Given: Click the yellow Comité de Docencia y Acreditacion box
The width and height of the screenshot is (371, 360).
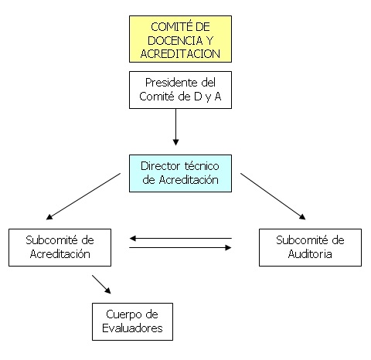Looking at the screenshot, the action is pyautogui.click(x=180, y=39).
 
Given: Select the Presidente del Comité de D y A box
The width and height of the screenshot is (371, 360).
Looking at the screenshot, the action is pyautogui.click(x=180, y=90).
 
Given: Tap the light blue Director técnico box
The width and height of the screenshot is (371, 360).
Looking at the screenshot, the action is pyautogui.click(x=180, y=173).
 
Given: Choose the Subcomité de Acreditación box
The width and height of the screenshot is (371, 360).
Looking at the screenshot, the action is pyautogui.click(x=60, y=247).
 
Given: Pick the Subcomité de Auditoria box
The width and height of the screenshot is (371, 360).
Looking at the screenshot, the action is pyautogui.click(x=310, y=247).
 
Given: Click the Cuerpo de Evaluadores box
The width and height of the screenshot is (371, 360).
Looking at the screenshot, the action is pyautogui.click(x=132, y=321).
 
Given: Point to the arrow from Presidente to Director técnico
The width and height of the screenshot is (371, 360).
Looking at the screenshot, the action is pyautogui.click(x=175, y=127).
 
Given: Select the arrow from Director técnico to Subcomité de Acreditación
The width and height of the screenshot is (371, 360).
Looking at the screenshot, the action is pyautogui.click(x=83, y=196).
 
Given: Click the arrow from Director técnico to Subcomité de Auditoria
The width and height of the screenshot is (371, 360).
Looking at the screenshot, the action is pyautogui.click(x=273, y=196).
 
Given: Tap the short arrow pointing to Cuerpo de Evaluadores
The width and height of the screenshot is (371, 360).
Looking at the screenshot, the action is pyautogui.click(x=101, y=284).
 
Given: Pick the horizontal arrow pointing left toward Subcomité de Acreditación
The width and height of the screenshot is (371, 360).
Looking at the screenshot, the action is pyautogui.click(x=180, y=239).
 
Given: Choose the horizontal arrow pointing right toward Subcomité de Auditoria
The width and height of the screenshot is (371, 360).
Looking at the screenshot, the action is pyautogui.click(x=180, y=248).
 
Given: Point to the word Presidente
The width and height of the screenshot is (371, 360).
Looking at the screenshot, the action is pyautogui.click(x=171, y=83).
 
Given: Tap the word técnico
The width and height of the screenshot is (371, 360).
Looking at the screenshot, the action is pyautogui.click(x=202, y=166).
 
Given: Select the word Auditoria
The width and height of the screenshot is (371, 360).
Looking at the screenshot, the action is pyautogui.click(x=310, y=254).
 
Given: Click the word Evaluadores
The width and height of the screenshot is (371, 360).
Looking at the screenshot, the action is pyautogui.click(x=132, y=328).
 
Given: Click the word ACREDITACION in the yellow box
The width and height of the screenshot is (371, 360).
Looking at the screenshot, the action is pyautogui.click(x=180, y=54).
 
